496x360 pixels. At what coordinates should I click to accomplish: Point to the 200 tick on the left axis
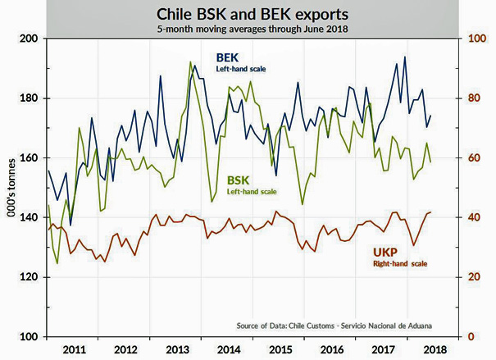click(28, 39)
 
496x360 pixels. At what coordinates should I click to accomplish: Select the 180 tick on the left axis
click(28, 98)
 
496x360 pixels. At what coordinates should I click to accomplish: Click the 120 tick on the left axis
click(28, 277)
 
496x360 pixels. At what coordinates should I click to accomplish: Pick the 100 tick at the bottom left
click(28, 337)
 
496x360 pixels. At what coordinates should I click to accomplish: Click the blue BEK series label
click(225, 58)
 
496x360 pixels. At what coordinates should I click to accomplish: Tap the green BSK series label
click(238, 179)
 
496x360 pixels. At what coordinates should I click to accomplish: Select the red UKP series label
click(385, 253)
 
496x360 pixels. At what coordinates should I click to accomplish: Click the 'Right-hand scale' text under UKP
click(399, 264)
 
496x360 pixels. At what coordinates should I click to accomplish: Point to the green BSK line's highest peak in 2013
click(190, 62)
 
